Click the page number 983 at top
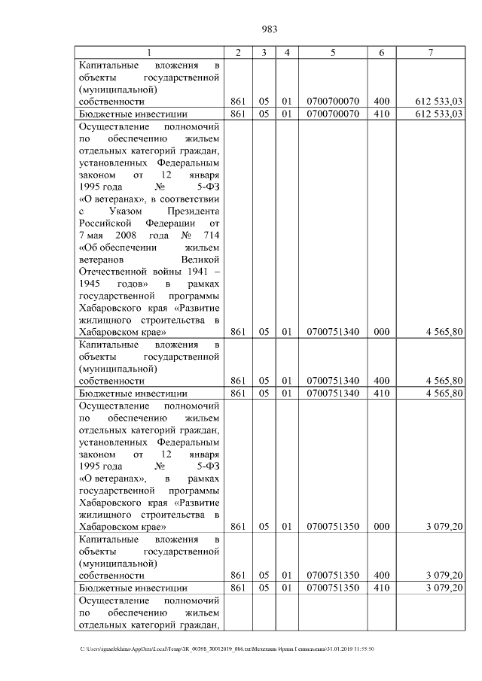pos(270,29)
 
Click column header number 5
pos(332,52)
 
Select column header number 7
pos(430,52)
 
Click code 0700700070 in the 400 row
pos(332,101)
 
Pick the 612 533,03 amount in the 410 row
pos(439,114)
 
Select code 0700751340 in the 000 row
pos(332,331)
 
